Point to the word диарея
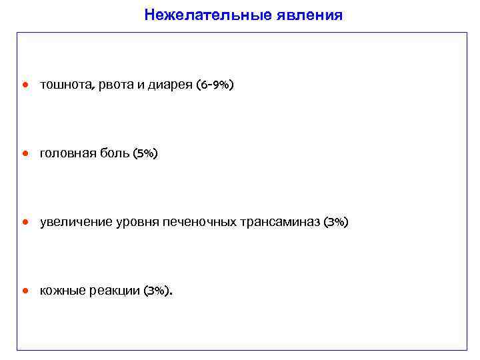tap(170, 85)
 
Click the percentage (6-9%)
tap(215, 85)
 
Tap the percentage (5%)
tap(145, 154)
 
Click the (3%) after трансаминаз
tap(335, 222)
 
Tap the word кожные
tap(61, 291)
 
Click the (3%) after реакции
tap(157, 291)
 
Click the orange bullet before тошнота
tap(25, 85)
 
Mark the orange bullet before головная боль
tap(25, 154)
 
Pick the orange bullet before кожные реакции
tap(25, 291)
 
